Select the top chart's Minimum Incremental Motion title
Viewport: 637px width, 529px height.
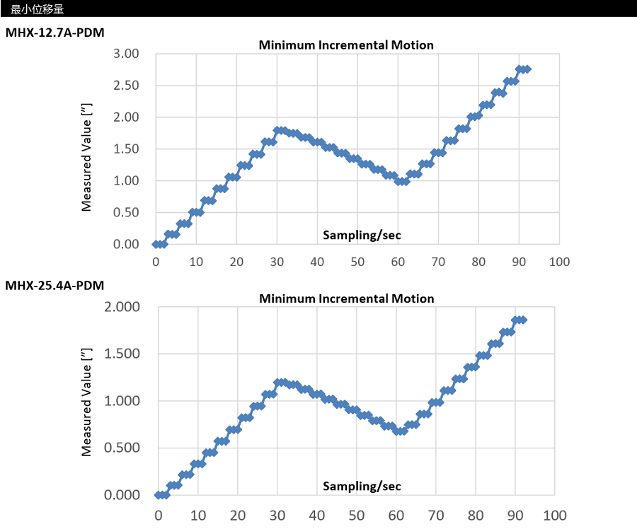point(345,45)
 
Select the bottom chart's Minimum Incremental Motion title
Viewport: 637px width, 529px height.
point(346,298)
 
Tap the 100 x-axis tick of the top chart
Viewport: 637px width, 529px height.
point(559,262)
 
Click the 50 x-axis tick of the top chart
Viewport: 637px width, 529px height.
point(357,262)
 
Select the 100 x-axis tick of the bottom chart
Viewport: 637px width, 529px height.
point(553,515)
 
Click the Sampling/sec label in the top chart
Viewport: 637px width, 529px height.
point(367,234)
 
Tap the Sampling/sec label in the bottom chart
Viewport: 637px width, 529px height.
point(362,486)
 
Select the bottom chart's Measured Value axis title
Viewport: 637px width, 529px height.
point(87,400)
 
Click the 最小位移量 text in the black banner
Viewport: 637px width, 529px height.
point(38,8)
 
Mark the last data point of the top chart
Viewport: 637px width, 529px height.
point(527,69)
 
